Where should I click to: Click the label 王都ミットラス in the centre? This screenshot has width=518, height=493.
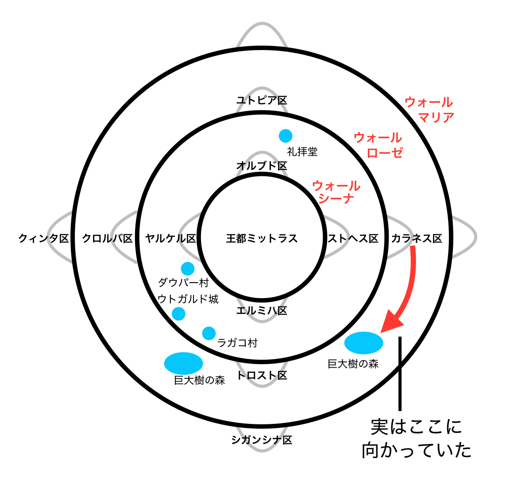(x=262, y=239)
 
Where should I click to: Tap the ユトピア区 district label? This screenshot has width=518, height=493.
(x=262, y=101)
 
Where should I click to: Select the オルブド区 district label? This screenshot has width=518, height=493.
(x=262, y=166)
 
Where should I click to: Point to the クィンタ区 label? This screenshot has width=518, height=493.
(x=44, y=239)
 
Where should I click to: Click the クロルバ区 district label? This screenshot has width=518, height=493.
(x=108, y=239)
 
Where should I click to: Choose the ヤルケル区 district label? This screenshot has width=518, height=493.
(x=171, y=239)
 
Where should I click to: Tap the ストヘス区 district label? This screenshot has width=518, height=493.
(x=353, y=239)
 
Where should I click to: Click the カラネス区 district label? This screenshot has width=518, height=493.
(x=417, y=239)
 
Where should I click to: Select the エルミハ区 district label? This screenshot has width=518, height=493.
(x=262, y=311)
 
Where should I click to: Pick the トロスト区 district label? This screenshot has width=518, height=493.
(x=262, y=376)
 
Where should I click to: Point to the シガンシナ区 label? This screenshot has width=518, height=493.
(x=262, y=440)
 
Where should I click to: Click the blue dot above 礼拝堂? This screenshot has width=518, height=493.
(x=286, y=136)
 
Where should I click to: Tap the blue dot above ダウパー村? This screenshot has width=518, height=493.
(x=188, y=268)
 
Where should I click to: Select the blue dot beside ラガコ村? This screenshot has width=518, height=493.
(x=209, y=333)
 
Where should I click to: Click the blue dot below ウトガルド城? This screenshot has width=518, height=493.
(x=178, y=314)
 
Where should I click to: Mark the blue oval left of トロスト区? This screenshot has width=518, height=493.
(x=183, y=363)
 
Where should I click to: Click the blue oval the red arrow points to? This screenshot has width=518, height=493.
(x=363, y=343)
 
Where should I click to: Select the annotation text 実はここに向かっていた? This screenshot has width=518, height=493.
(x=416, y=439)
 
